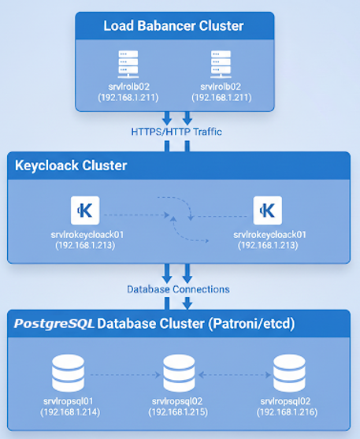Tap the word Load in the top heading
pos(117,27)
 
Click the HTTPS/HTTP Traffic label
pos(176,132)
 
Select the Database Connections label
pos(178,289)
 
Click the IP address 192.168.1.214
pos(70,411)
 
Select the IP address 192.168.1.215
pos(179,411)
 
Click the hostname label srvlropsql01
pos(70,401)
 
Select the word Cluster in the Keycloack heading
pos(105,166)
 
